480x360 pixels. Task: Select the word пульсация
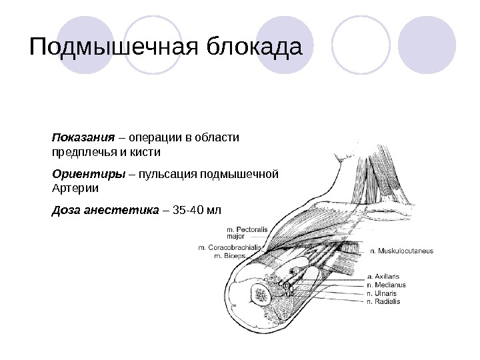coord(175,174)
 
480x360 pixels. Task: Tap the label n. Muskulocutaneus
coord(401,251)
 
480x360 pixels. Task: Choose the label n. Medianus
coord(386,284)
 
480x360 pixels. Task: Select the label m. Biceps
coord(229,256)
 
